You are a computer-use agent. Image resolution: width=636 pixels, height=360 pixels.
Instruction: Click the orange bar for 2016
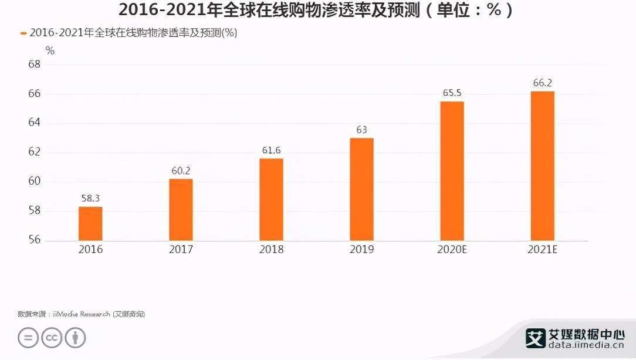(x=90, y=223)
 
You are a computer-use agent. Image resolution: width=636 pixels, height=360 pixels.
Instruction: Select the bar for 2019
(x=361, y=189)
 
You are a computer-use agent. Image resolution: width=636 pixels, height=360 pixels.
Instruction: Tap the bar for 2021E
(x=542, y=166)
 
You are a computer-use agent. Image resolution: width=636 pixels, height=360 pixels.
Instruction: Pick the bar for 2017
(x=181, y=209)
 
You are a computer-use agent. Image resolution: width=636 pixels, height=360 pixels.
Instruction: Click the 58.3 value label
(x=91, y=198)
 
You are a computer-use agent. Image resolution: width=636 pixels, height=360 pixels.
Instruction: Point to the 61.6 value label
(x=271, y=151)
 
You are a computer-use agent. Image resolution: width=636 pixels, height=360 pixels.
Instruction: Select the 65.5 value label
(x=452, y=93)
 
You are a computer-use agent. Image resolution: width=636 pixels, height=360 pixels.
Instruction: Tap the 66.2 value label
(x=543, y=83)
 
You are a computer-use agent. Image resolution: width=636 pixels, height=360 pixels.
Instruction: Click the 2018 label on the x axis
(x=271, y=250)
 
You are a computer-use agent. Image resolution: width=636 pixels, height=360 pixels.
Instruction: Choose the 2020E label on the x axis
(x=452, y=250)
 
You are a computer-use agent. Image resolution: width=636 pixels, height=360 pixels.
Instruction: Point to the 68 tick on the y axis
(x=34, y=64)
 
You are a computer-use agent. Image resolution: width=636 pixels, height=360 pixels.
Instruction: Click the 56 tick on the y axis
(x=34, y=240)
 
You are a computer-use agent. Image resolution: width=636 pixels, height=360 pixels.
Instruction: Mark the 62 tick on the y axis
(x=34, y=152)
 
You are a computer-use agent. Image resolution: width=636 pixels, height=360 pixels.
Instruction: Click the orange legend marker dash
(x=23, y=33)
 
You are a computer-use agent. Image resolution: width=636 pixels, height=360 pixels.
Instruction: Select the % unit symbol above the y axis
(x=50, y=50)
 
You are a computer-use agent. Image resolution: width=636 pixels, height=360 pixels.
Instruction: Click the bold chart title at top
(x=317, y=10)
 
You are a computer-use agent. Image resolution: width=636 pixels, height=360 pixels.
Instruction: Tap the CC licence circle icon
(x=52, y=338)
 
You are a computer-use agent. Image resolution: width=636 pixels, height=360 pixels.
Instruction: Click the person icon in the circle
(x=75, y=338)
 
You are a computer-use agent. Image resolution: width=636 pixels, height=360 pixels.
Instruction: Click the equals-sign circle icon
(x=28, y=338)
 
